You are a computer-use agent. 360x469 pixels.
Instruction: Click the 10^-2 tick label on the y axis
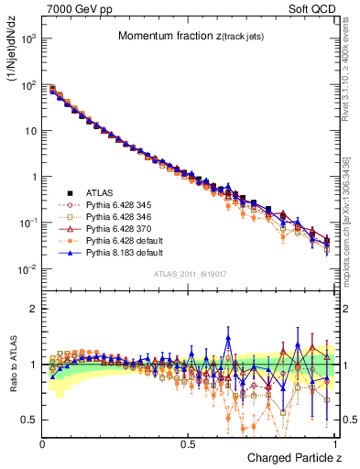[29, 269]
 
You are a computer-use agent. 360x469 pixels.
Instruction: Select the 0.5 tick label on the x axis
[188, 442]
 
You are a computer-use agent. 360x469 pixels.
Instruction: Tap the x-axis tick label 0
[43, 442]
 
